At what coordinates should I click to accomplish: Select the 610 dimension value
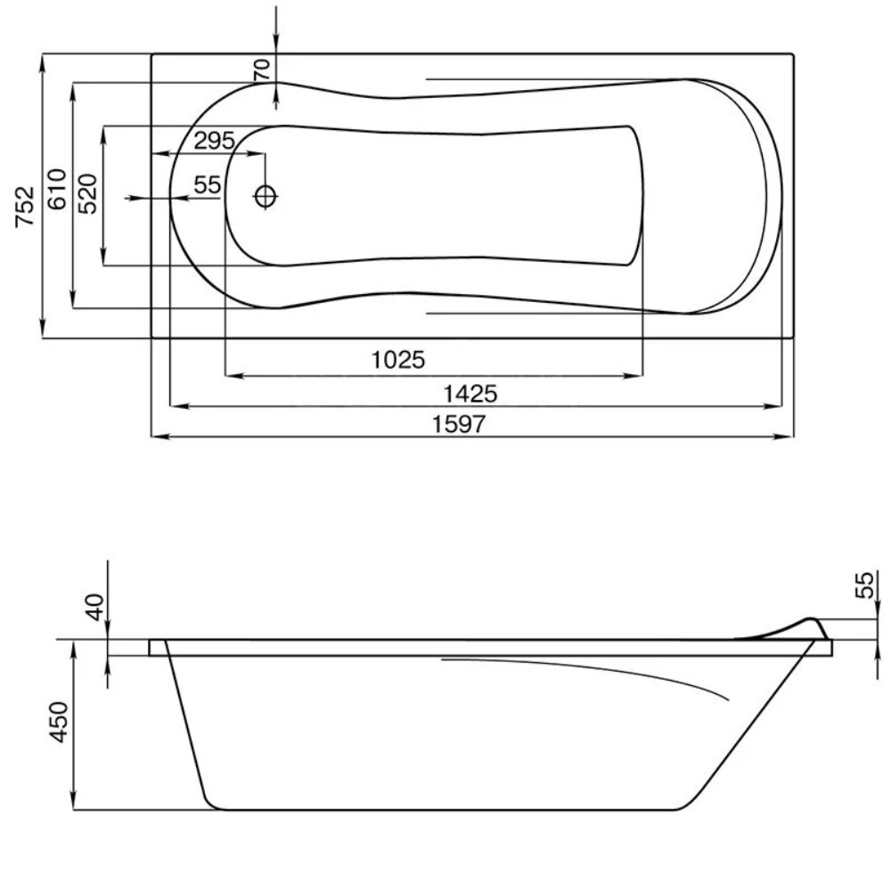pos(56,189)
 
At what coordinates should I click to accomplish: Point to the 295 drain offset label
pos(214,141)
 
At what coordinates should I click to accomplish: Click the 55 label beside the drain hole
pos(207,185)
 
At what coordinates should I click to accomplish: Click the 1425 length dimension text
pos(470,393)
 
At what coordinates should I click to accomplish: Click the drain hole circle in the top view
pos(266,196)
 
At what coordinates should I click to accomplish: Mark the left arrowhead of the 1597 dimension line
pos(156,437)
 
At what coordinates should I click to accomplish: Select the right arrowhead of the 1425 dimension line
pos(777,406)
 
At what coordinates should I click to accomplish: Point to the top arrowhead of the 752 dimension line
pos(43,59)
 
